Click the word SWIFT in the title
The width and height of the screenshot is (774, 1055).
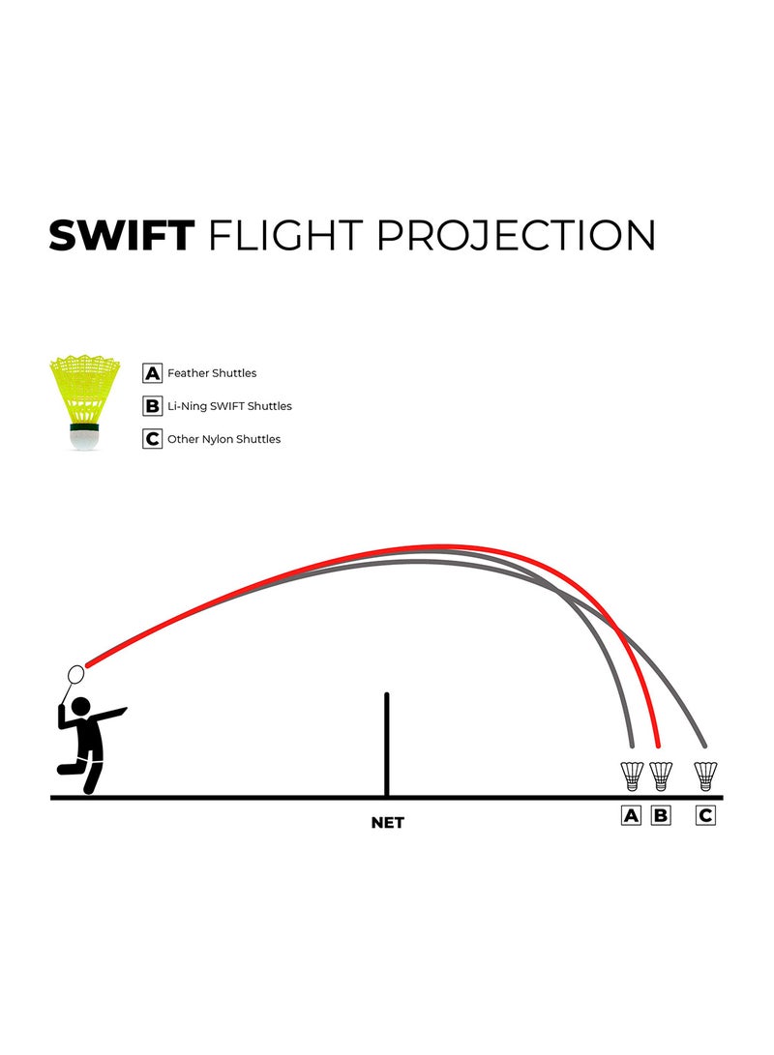[x=122, y=236]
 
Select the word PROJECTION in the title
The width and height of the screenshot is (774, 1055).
[x=516, y=236]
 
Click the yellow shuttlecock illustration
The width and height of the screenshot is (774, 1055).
[x=85, y=402]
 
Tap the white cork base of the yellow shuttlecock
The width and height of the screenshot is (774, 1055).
[x=85, y=440]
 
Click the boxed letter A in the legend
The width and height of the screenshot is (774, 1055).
[x=152, y=372]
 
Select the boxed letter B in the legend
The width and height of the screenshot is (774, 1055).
[x=152, y=406]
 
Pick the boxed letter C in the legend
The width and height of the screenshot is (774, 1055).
[x=152, y=439]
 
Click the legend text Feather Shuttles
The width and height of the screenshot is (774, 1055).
[x=212, y=372]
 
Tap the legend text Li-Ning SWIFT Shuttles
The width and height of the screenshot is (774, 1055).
[x=229, y=406]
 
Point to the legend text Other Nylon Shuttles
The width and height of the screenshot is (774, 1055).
[x=224, y=439]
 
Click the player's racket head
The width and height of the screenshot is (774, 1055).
[x=76, y=673]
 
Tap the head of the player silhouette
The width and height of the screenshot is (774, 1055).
[x=80, y=707]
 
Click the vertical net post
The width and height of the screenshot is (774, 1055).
[x=386, y=745]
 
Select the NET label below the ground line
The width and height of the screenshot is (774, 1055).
[x=388, y=822]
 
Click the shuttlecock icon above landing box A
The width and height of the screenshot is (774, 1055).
[x=632, y=776]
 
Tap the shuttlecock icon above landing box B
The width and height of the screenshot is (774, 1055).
[x=661, y=776]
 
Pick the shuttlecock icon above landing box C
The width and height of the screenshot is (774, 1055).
[x=705, y=776]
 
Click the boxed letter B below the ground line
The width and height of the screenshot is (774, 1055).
[x=661, y=815]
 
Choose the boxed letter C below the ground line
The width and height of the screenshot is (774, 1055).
[x=705, y=815]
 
